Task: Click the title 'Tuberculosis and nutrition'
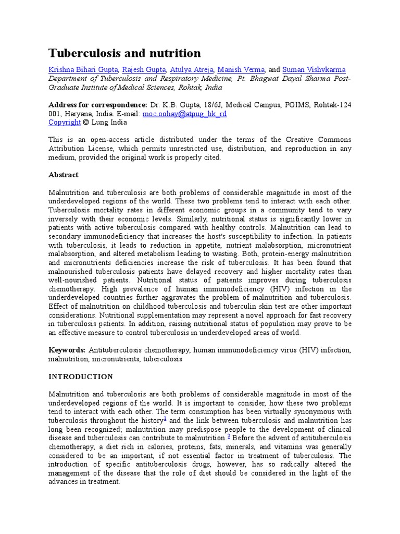pyautogui.click(x=124, y=53)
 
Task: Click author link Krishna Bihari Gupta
pyautogui.click(x=84, y=70)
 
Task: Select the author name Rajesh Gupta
pyautogui.click(x=144, y=70)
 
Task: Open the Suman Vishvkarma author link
pyautogui.click(x=314, y=70)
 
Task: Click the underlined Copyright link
pyautogui.click(x=65, y=123)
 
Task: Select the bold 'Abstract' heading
pyautogui.click(x=64, y=175)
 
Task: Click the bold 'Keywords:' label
pyautogui.click(x=67, y=350)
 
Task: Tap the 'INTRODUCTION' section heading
pyautogui.click(x=80, y=377)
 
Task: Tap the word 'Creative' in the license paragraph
pyautogui.click(x=300, y=140)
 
